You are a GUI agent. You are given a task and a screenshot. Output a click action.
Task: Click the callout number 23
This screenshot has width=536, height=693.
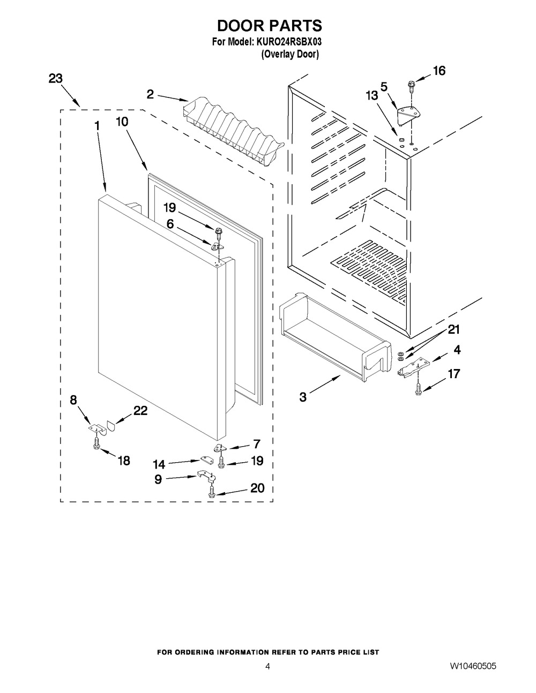coord(56,78)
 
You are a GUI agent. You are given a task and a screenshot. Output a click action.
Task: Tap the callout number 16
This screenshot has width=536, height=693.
coord(439,71)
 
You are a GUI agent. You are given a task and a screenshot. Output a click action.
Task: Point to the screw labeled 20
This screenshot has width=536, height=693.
coord(211,491)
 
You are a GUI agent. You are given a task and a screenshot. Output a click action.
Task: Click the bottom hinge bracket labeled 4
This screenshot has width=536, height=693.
coord(414,367)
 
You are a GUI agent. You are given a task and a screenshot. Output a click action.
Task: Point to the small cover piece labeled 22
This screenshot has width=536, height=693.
coord(111,426)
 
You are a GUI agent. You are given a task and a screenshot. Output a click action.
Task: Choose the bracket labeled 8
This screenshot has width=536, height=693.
coord(96,428)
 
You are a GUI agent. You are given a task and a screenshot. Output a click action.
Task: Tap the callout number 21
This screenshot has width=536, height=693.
coord(453,329)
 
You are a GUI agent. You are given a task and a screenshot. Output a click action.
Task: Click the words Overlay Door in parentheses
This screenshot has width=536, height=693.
coord(290,55)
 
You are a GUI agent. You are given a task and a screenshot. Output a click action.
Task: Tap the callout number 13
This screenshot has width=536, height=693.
coord(371,95)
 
